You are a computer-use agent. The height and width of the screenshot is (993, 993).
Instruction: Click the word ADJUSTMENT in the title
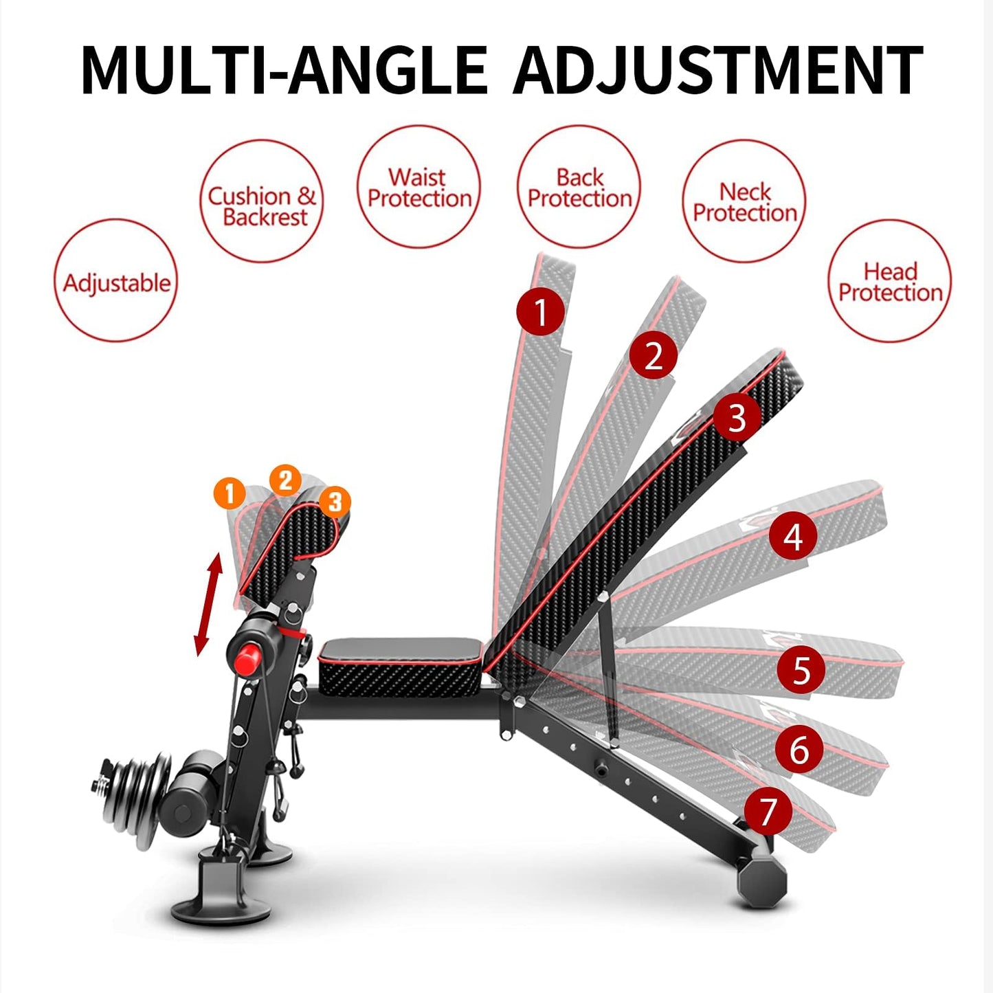point(717,69)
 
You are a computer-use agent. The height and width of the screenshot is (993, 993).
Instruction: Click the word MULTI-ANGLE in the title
point(284,69)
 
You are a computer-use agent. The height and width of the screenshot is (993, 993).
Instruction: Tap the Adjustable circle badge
point(116,281)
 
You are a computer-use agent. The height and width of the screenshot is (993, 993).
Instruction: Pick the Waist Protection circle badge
point(419,187)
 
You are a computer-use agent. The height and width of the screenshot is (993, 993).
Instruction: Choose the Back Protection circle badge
point(579,187)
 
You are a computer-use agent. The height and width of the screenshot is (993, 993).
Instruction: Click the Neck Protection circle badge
point(744,201)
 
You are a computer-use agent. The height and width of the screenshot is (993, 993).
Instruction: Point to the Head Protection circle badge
point(890,281)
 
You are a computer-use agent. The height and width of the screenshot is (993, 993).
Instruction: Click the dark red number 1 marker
point(541,311)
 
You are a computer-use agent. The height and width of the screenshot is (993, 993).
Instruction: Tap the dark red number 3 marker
point(736,417)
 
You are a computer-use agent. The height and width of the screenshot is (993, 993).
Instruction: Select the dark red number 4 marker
point(792,536)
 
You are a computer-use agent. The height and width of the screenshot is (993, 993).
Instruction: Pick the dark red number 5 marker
point(801,669)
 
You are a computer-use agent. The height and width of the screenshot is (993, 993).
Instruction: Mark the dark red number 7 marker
point(768,811)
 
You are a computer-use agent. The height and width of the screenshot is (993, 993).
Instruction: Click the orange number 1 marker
point(230,493)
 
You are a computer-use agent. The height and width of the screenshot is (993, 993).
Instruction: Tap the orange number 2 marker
point(285,480)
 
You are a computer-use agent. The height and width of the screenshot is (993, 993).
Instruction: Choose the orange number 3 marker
point(335,502)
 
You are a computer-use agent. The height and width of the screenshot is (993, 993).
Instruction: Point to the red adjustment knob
point(246,658)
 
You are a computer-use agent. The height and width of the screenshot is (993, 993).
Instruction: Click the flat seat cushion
point(399,663)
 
